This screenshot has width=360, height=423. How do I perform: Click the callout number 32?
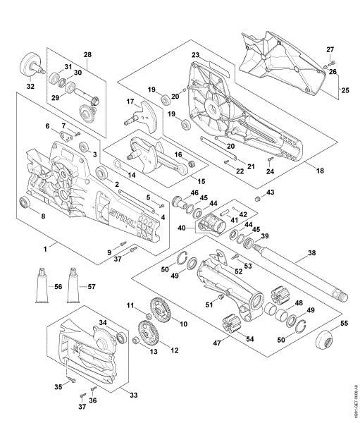tap(30, 87)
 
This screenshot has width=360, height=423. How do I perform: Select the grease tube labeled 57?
tap(72, 286)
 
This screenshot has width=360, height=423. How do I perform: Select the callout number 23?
tap(195, 55)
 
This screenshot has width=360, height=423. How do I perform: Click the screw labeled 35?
tap(73, 381)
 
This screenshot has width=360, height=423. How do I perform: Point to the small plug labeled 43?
tap(259, 198)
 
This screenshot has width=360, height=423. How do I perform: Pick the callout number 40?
tap(182, 228)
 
